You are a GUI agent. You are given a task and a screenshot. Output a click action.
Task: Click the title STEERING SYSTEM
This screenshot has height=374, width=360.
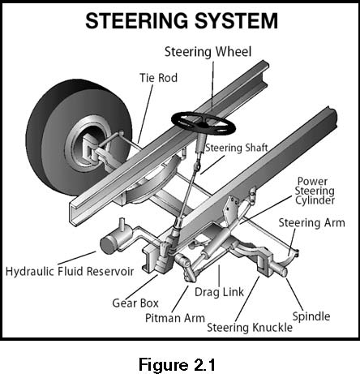[182, 21]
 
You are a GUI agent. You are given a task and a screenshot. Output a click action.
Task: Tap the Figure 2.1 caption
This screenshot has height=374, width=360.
[177, 364]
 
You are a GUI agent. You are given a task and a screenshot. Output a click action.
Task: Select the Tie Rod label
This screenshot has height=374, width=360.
[159, 78]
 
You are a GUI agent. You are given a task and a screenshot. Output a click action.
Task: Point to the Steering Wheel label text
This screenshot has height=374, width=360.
[208, 52]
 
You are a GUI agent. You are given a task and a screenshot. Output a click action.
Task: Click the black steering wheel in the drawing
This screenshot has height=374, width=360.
[204, 124]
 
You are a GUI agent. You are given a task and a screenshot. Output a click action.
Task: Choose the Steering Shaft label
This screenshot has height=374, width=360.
[237, 148]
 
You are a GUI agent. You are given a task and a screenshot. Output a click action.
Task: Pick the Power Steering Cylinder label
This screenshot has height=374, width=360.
[315, 191]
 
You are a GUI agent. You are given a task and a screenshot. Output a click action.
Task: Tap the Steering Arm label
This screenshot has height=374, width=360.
[312, 223]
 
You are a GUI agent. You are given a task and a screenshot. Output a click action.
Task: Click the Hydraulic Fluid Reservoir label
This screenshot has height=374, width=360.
[70, 271]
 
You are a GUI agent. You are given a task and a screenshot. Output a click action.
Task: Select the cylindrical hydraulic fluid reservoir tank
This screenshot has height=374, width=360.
[116, 240]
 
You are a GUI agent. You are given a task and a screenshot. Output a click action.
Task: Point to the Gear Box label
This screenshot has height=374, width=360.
[135, 303]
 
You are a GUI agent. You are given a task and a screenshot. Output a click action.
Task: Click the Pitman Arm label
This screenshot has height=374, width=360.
[175, 318]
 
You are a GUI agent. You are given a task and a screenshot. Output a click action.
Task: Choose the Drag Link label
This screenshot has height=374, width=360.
[219, 292]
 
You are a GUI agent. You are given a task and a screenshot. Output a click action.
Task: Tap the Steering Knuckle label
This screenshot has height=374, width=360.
[250, 328]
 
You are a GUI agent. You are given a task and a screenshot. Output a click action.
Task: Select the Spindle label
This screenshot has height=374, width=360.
[311, 316]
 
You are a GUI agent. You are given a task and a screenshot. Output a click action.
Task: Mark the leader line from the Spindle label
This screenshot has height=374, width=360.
[294, 294]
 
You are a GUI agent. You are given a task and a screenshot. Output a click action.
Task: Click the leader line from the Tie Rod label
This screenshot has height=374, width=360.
[145, 114]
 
